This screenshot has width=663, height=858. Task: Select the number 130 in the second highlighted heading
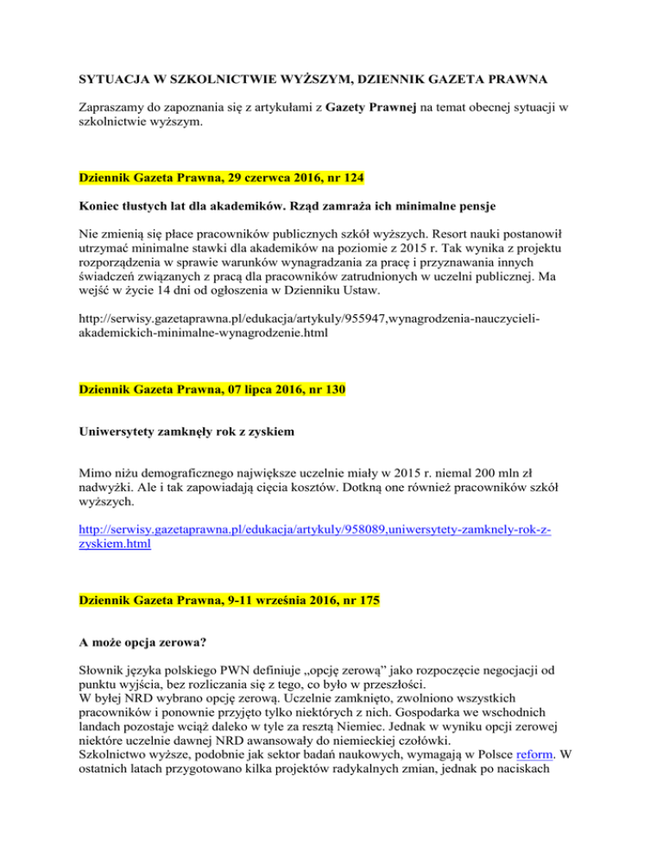pyautogui.click(x=332, y=390)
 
